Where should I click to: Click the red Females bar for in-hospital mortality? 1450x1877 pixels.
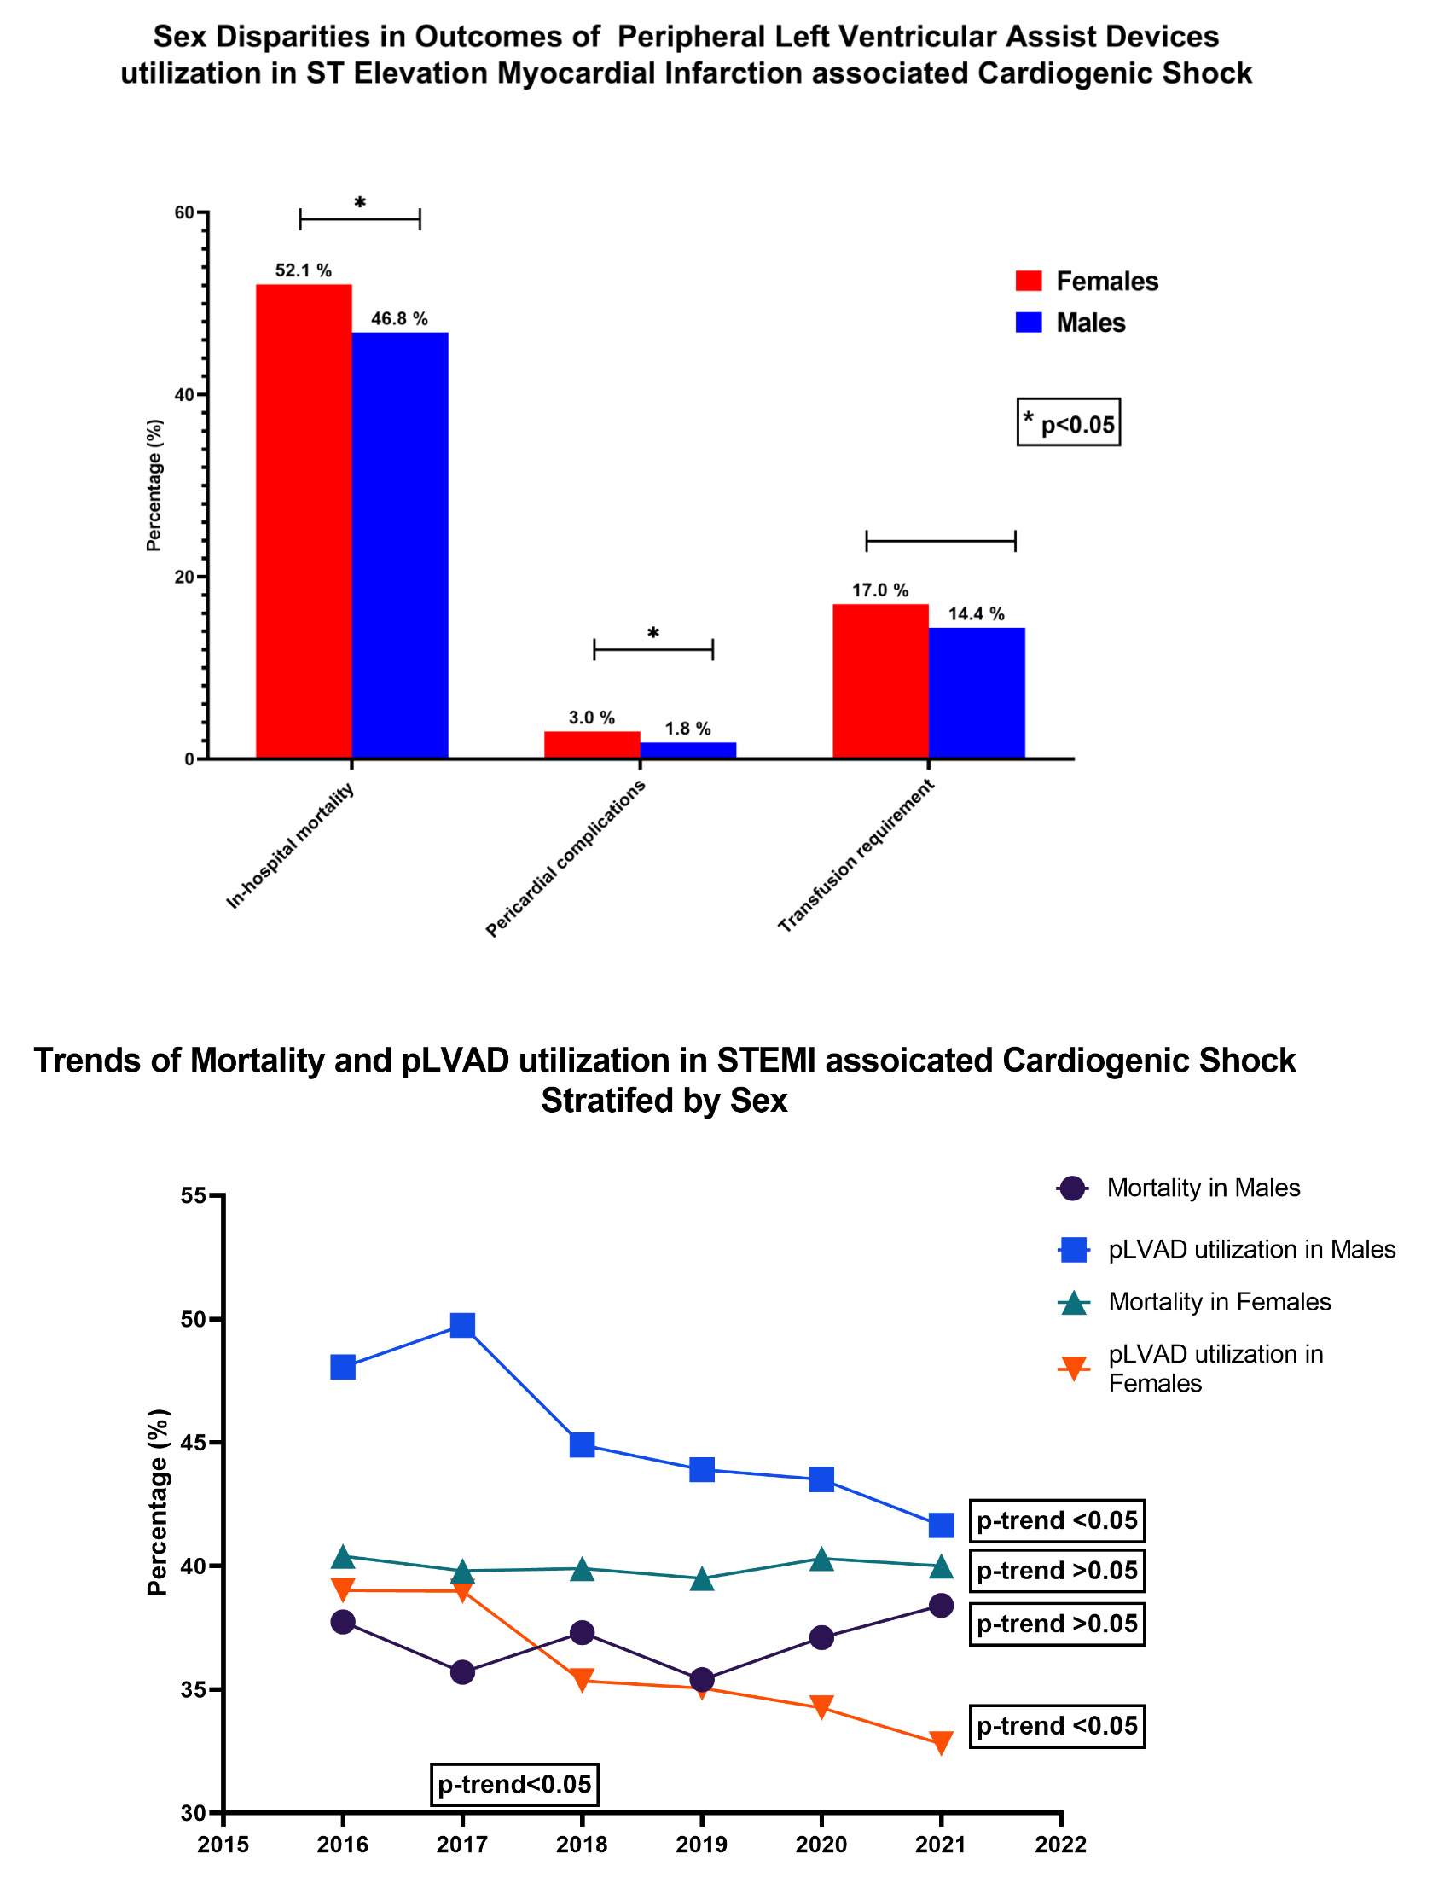point(304,520)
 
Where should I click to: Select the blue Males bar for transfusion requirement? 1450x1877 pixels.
point(976,693)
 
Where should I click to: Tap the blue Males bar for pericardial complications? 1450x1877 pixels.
point(687,749)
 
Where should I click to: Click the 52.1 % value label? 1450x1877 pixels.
point(303,270)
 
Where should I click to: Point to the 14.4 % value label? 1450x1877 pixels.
point(976,613)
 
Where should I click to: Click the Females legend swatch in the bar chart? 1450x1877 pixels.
point(1029,281)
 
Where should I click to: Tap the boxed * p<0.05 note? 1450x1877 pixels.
point(1068,422)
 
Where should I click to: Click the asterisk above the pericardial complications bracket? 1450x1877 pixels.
point(652,634)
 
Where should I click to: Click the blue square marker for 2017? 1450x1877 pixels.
point(462,1325)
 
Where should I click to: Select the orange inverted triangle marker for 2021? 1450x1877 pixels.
point(942,1742)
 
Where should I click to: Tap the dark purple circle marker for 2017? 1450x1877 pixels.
point(462,1672)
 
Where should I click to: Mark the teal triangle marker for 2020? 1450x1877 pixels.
point(821,1559)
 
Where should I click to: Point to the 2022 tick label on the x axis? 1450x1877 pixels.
point(1061,1845)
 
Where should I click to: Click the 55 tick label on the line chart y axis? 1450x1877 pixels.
point(194,1195)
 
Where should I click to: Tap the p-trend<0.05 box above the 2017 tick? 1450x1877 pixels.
point(513,1784)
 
